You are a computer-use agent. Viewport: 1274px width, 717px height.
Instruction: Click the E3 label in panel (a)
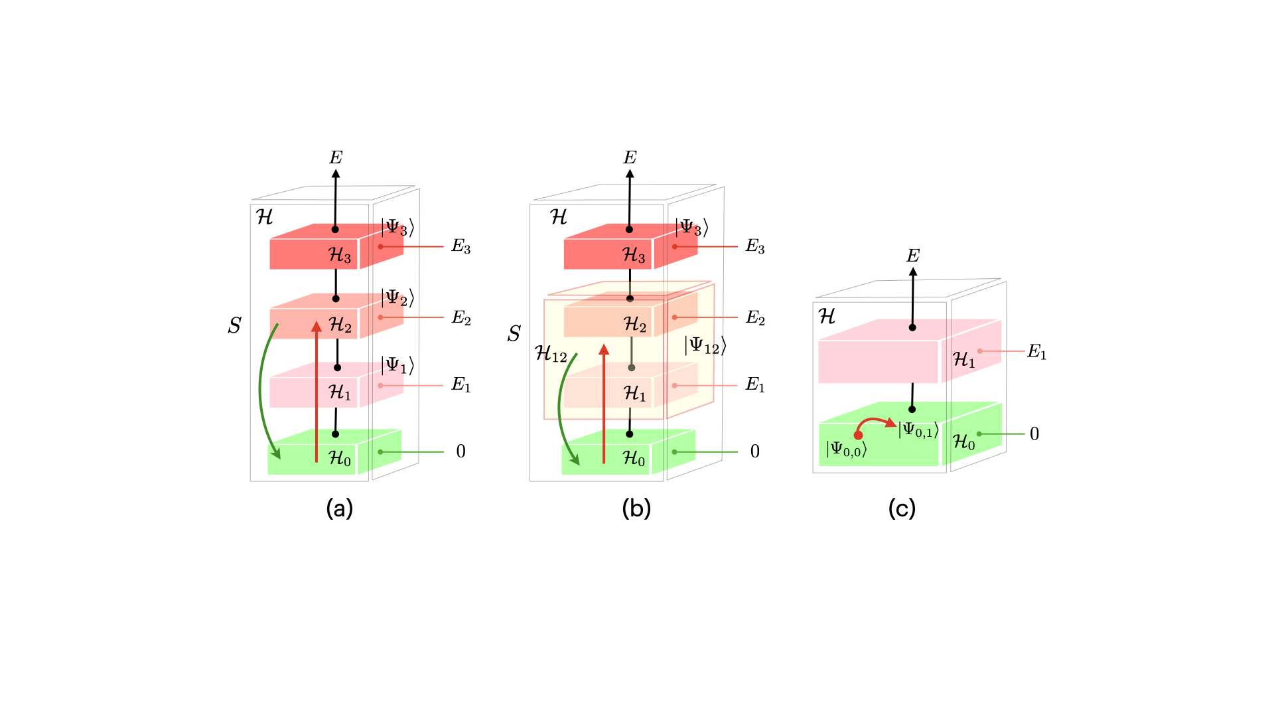click(461, 247)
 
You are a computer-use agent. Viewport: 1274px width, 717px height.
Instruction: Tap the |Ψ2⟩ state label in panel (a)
click(397, 298)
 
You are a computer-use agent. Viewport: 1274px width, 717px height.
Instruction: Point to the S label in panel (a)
click(234, 325)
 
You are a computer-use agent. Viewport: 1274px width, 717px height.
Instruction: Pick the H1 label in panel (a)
click(340, 392)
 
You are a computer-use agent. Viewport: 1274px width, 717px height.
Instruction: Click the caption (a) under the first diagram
click(340, 509)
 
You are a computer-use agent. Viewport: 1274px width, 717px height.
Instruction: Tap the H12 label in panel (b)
click(551, 354)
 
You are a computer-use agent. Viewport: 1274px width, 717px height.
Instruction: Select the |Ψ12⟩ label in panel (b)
click(705, 346)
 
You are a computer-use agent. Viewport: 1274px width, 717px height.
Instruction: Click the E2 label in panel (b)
click(756, 318)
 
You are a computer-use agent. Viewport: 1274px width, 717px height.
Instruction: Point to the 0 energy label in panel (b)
click(755, 451)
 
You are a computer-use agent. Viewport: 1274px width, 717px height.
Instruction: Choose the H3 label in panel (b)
click(634, 255)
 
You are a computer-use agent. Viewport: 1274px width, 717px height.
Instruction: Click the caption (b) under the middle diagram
click(636, 509)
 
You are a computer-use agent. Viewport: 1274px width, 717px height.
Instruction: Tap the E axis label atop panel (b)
click(630, 157)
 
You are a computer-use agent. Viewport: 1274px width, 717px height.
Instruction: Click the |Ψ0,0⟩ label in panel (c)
click(847, 449)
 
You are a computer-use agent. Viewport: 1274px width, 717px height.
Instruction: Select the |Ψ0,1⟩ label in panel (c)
click(918, 430)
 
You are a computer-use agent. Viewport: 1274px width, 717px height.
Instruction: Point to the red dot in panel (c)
click(858, 436)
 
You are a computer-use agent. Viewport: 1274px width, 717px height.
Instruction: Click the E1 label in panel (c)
click(1037, 352)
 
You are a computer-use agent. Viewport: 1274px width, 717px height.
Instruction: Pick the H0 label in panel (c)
click(964, 442)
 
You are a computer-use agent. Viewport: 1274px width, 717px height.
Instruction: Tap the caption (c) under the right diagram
click(902, 509)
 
